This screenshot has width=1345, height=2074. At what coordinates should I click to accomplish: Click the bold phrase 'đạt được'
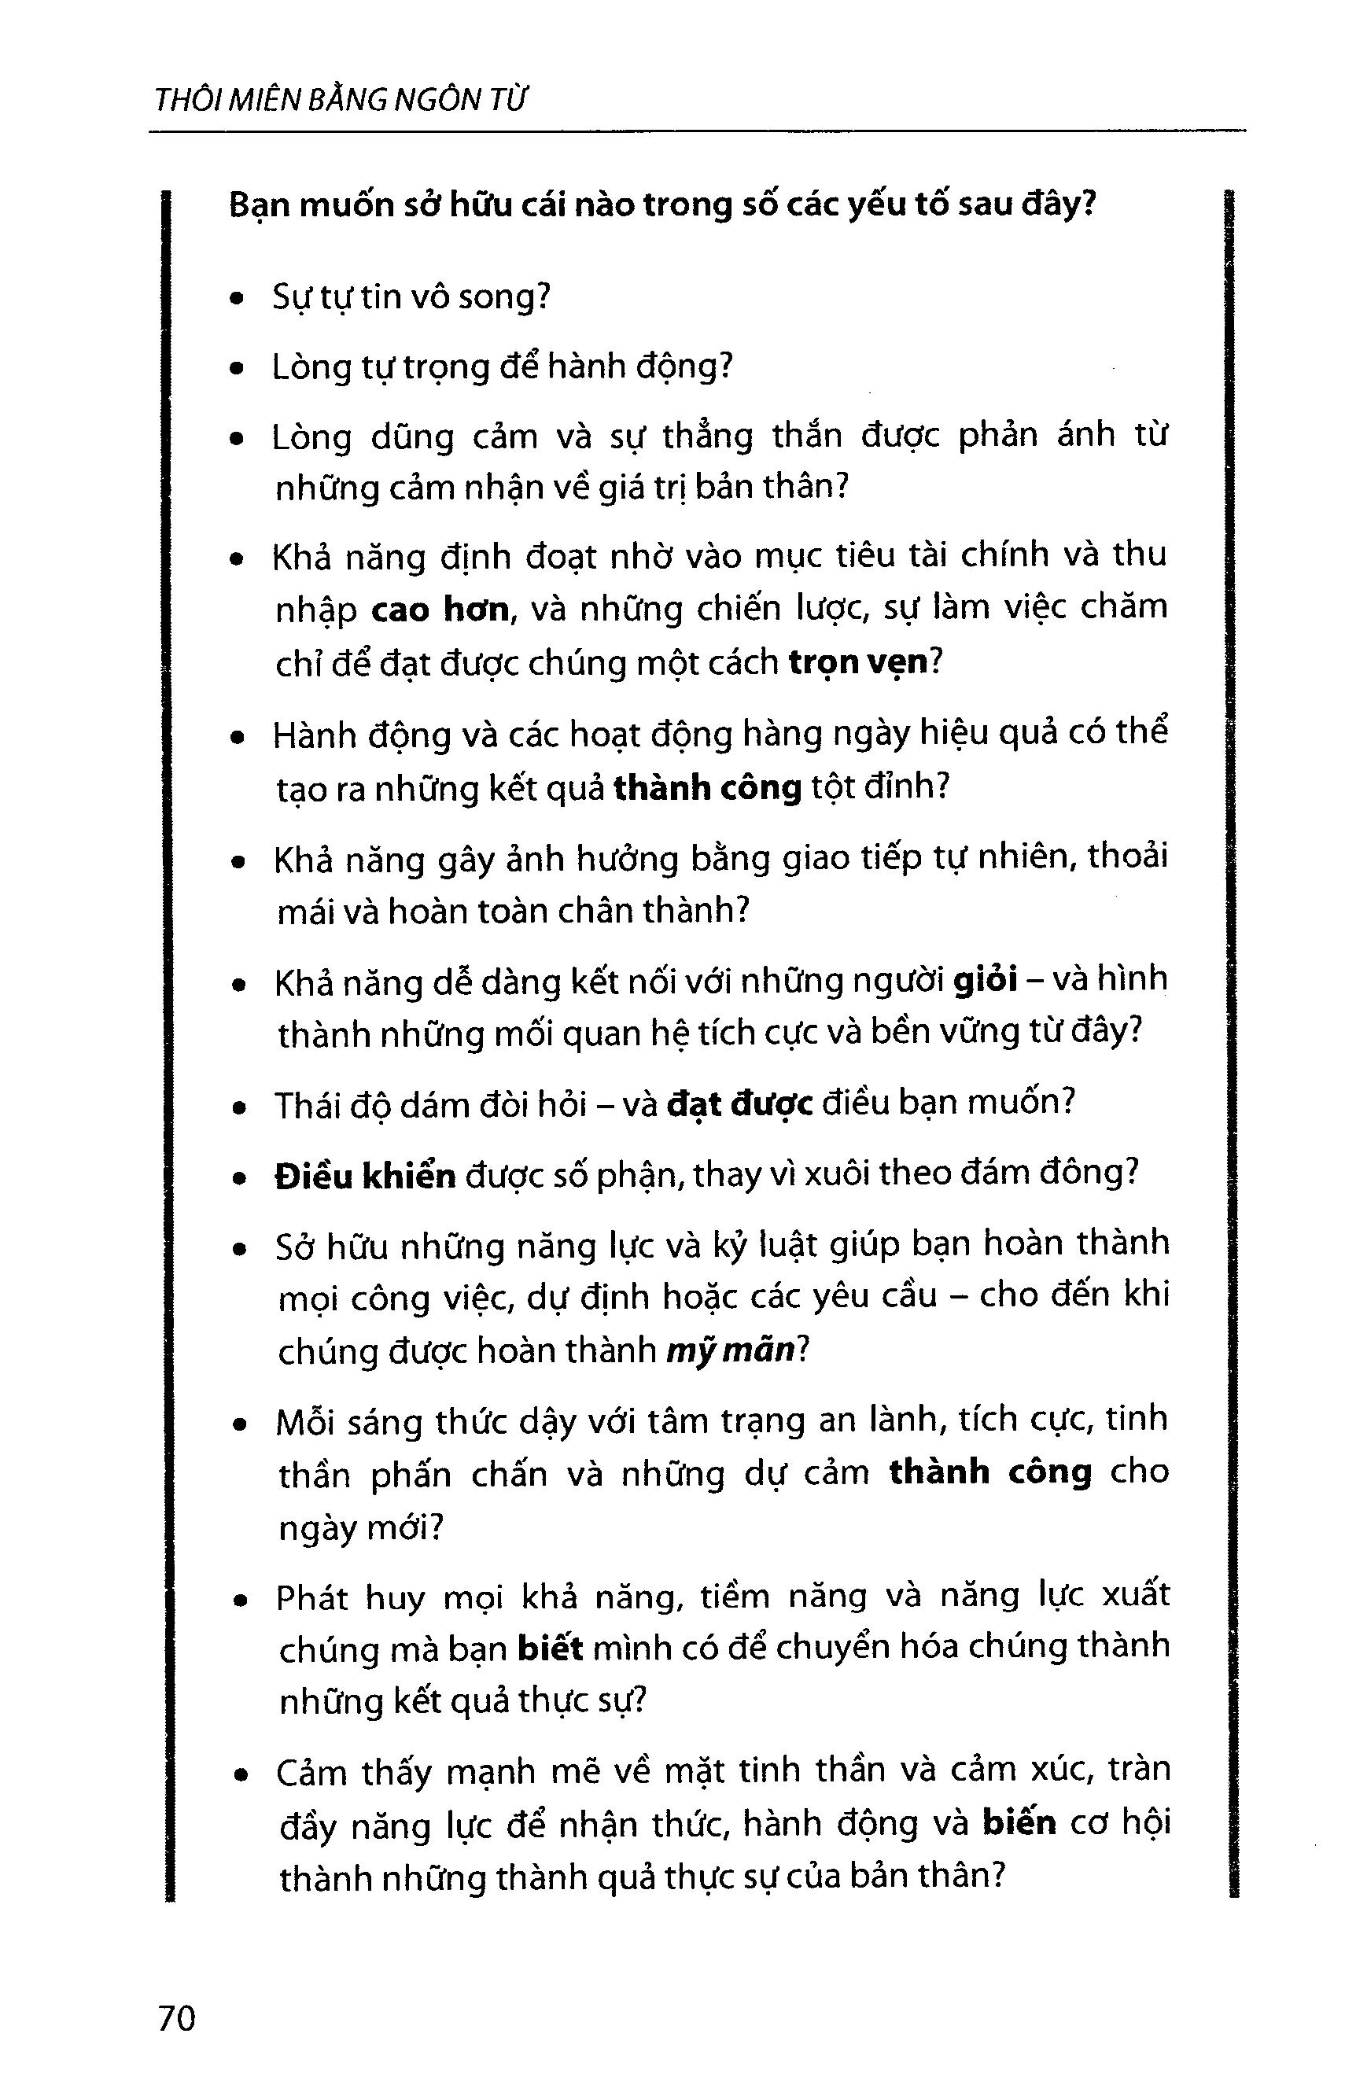pyautogui.click(x=739, y=1104)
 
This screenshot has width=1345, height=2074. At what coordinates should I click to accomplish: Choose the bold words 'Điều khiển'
pyautogui.click(x=365, y=1177)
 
